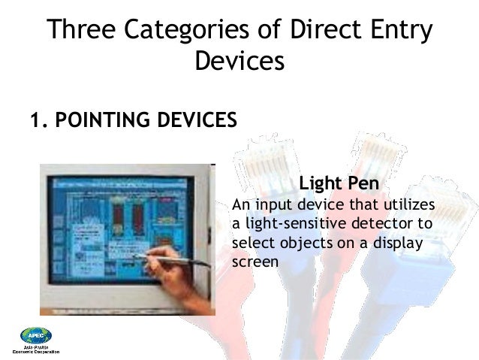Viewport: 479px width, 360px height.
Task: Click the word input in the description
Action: [x=274, y=206]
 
